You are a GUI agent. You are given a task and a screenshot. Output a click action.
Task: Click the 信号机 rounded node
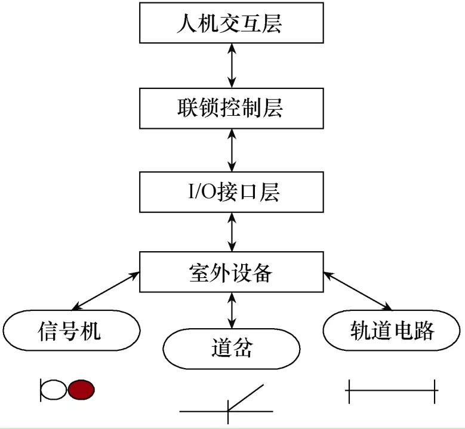click(71, 330)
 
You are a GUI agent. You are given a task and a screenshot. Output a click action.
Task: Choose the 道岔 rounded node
click(231, 348)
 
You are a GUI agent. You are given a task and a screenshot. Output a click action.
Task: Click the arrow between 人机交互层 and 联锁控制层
click(232, 66)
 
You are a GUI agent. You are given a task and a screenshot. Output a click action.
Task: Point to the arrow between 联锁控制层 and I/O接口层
click(232, 150)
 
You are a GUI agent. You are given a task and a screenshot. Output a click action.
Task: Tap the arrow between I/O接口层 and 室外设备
click(232, 232)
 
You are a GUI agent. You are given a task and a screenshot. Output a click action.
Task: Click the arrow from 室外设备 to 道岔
click(232, 309)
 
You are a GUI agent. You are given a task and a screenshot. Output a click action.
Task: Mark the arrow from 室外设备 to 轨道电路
click(356, 291)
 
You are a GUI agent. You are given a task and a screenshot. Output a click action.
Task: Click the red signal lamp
click(81, 390)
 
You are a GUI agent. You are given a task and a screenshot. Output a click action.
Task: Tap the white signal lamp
click(54, 390)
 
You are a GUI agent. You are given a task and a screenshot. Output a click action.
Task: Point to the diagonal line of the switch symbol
click(245, 397)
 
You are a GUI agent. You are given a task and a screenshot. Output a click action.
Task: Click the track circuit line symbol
click(392, 391)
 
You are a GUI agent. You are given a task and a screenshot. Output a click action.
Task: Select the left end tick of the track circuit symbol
click(349, 391)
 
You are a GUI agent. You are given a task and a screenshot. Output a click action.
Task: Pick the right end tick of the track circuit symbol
click(435, 391)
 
